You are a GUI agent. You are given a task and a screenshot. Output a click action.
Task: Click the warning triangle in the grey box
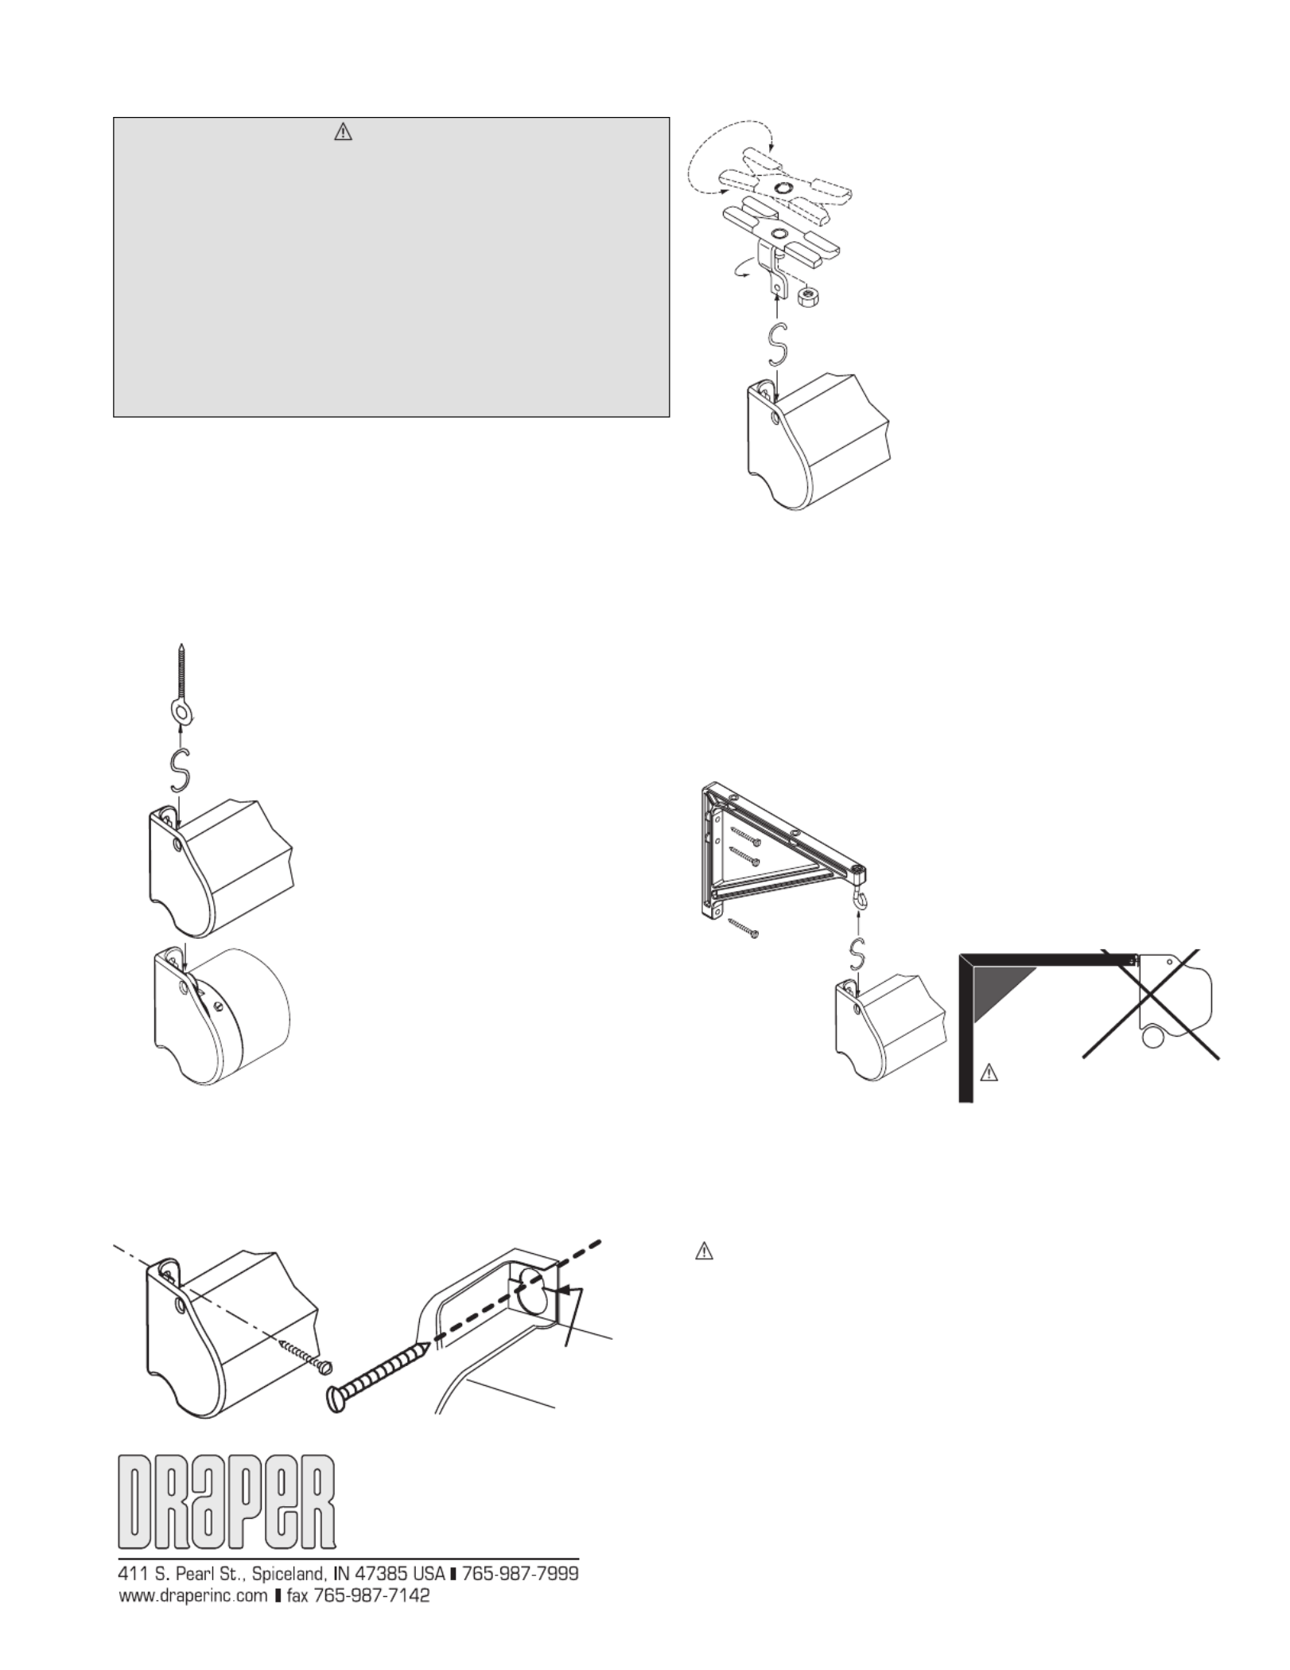342,133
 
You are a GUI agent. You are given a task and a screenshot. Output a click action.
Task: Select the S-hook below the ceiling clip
777,348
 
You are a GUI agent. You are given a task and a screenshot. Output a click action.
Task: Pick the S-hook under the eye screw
181,771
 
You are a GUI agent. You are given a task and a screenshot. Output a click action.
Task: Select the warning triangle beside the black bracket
988,1073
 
